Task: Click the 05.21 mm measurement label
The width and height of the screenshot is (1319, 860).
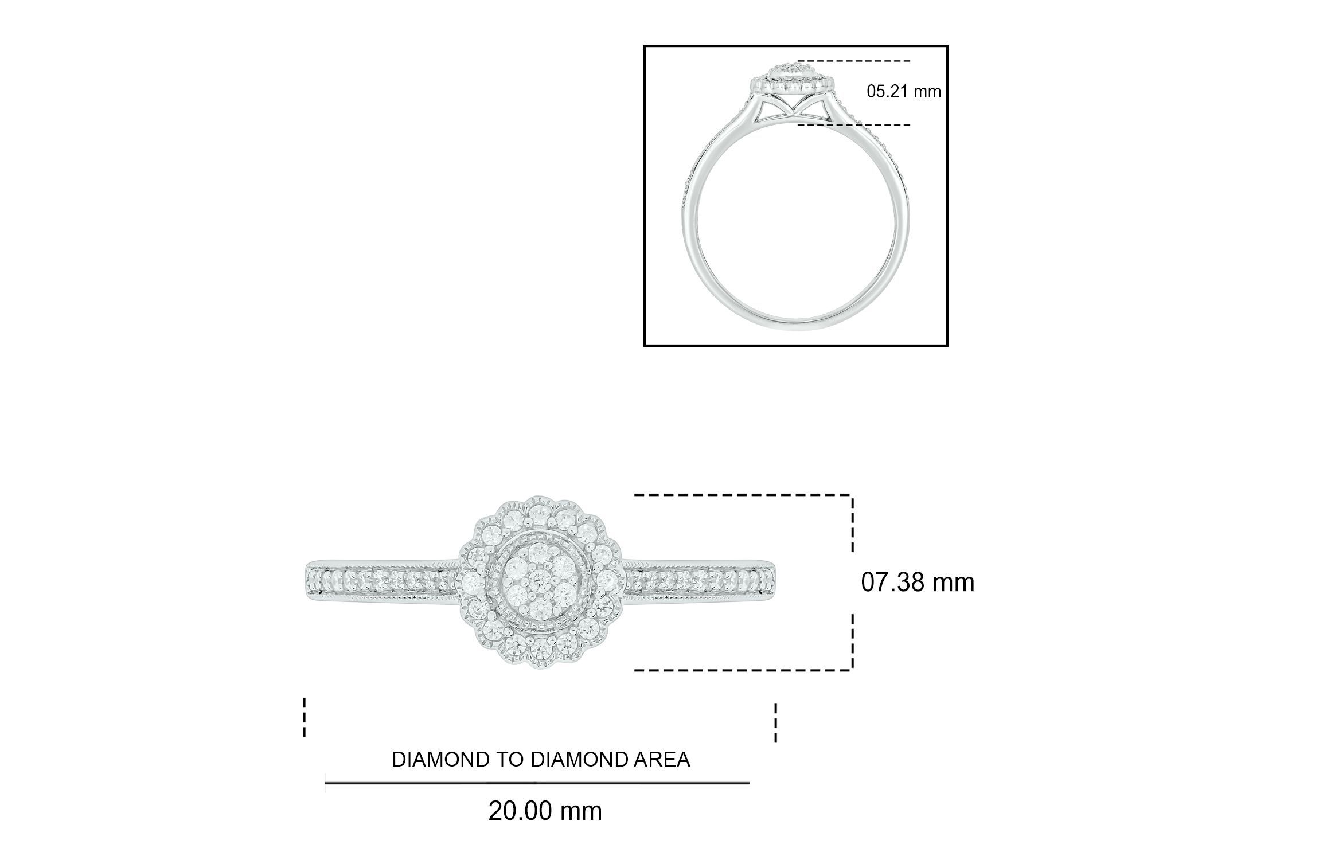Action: pyautogui.click(x=903, y=91)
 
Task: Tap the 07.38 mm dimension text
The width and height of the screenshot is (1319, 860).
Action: pyautogui.click(x=918, y=583)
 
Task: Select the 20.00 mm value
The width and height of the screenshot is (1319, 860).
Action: pyautogui.click(x=545, y=811)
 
